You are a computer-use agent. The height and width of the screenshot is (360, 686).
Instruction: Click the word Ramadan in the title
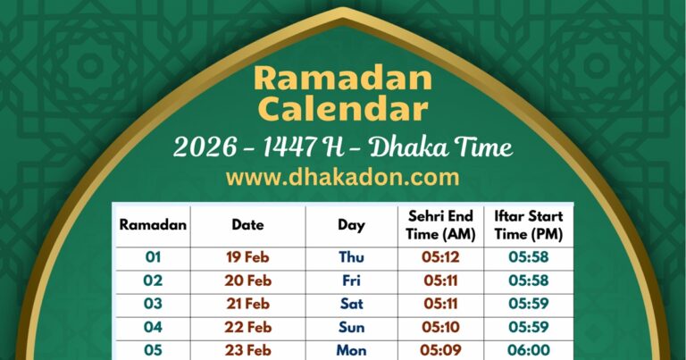[343, 79]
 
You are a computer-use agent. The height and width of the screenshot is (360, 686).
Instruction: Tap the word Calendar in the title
[343, 110]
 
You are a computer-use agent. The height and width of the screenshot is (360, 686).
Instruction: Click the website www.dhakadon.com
[343, 176]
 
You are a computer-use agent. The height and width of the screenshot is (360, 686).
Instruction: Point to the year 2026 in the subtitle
[210, 146]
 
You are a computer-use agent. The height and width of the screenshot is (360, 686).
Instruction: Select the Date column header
[247, 225]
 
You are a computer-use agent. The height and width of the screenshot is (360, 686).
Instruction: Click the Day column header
[351, 225]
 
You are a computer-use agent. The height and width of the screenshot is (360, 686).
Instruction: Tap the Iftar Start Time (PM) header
[528, 225]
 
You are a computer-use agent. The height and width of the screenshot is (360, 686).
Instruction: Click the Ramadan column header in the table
[153, 225]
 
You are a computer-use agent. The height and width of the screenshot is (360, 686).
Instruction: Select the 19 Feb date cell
[247, 257]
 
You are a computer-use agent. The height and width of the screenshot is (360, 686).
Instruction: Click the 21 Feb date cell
[247, 304]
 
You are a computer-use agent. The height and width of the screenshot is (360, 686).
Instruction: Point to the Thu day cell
[351, 257]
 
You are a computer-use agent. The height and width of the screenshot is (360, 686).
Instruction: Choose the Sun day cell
[351, 327]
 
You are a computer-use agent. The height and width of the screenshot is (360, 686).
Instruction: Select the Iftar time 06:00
[528, 350]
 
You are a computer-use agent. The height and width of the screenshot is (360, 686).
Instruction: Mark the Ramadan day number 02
[153, 280]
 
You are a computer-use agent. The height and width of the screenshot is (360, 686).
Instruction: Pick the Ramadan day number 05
[153, 350]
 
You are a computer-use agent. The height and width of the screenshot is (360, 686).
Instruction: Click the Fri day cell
[351, 280]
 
